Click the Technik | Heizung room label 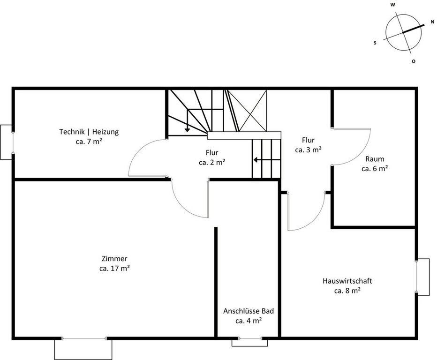point(89,132)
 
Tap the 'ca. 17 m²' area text point(114,268)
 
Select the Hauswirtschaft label point(347,281)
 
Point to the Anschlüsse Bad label point(249,311)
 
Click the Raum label point(375,159)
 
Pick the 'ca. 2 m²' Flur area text point(212,162)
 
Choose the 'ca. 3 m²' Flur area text point(308,150)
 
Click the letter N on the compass point(432,22)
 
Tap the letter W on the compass point(392,5)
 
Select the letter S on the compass point(375,43)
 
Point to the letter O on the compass point(414,61)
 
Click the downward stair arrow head point(188,130)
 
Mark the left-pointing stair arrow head point(255,160)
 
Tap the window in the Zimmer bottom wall point(84,338)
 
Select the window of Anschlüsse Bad point(250,338)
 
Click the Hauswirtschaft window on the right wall point(417,277)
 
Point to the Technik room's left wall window point(13,142)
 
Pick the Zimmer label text point(114,259)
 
